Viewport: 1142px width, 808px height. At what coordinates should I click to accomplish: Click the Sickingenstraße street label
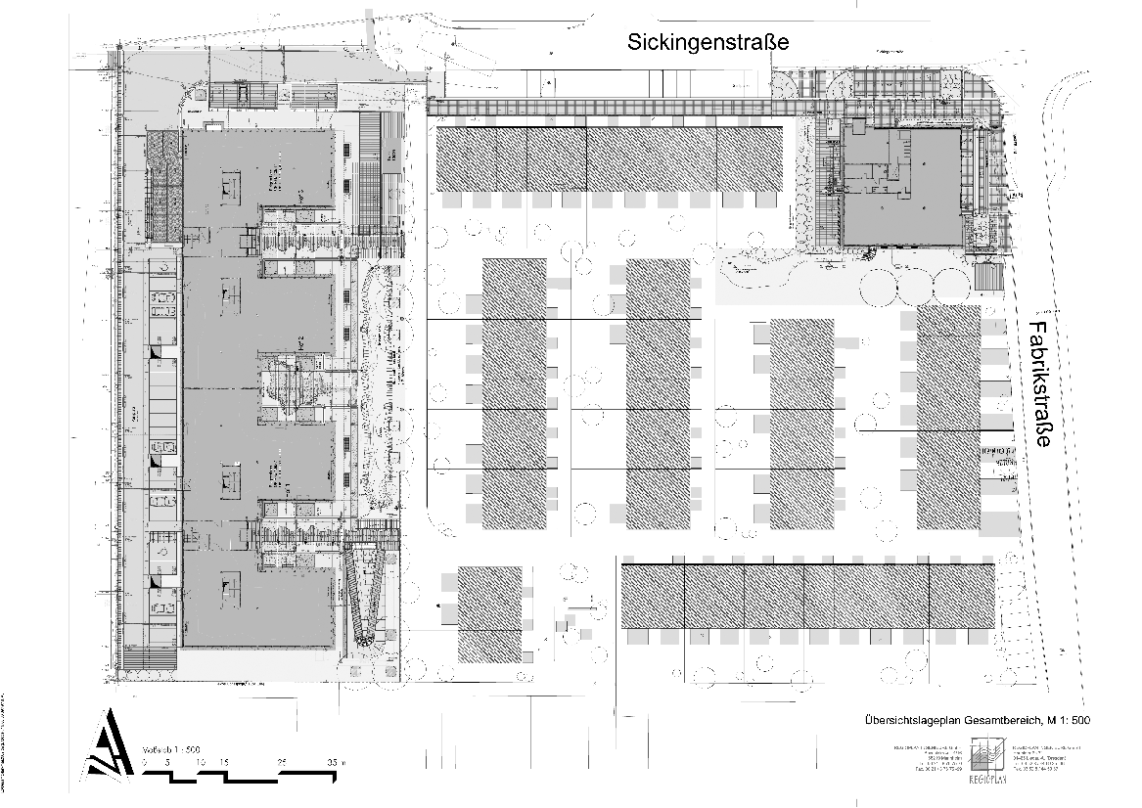point(708,42)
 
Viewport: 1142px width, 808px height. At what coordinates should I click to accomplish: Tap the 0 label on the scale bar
point(145,761)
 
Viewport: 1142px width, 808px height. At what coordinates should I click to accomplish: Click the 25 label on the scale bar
point(283,761)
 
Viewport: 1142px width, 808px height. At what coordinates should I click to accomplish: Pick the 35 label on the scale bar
point(332,761)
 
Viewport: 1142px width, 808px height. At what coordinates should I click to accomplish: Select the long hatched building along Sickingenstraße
point(609,158)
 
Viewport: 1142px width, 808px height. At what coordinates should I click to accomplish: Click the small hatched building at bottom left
point(489,614)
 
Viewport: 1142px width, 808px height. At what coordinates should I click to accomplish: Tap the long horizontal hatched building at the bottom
point(808,596)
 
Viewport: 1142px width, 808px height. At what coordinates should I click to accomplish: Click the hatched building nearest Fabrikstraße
point(947,418)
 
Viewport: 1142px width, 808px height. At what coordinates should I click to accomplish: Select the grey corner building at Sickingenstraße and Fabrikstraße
point(900,188)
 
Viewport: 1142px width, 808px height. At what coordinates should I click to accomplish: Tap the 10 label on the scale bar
point(200,761)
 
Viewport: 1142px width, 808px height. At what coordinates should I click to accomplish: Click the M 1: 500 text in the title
point(1068,721)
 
